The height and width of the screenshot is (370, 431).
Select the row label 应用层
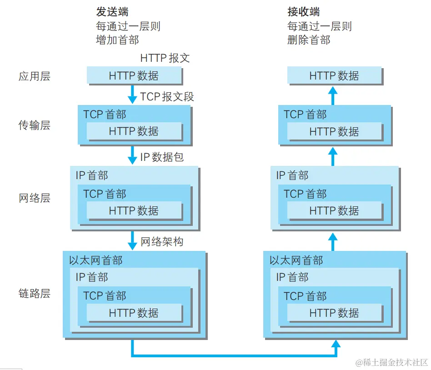pos(34,76)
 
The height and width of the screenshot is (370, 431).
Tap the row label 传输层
pos(34,125)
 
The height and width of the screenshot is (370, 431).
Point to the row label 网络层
pos(34,198)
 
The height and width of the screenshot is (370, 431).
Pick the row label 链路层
pos(34,294)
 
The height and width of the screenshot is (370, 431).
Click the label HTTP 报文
pos(165,58)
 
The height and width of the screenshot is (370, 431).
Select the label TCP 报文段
pos(167,96)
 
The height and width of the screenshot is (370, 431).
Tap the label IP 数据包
pos(162,157)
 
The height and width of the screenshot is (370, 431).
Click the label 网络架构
pos(162,241)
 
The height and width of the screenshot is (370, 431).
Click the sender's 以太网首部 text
pos(95,260)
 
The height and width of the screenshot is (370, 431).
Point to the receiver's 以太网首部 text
pos(296,260)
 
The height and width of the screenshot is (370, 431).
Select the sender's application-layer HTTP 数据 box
pos(134,75)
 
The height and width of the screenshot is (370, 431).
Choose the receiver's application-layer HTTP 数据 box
pos(334,75)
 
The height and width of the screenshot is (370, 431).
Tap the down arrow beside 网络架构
pos(132,240)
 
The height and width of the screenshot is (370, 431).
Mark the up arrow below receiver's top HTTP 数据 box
pos(333,95)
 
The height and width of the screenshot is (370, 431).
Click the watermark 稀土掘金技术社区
pos(392,362)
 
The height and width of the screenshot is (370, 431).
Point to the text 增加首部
pos(117,40)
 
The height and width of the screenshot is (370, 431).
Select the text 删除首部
pos(309,40)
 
